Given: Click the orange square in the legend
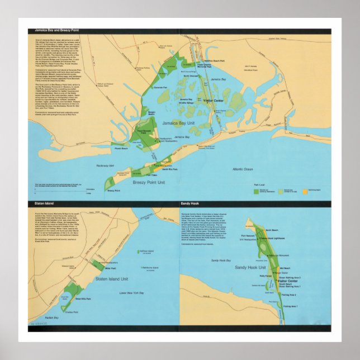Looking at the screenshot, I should point(305,192).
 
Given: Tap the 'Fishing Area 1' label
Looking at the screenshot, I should point(290,306).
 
